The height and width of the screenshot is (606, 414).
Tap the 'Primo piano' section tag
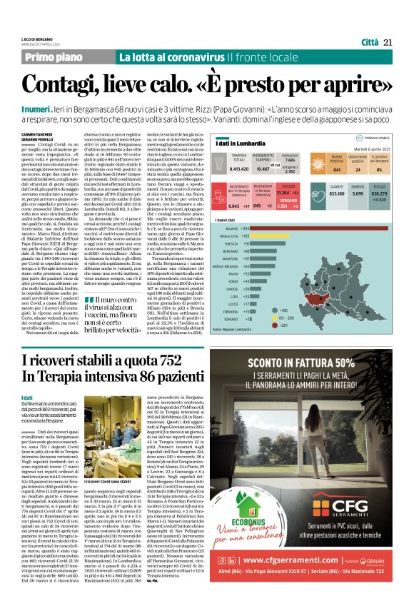click(58, 57)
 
